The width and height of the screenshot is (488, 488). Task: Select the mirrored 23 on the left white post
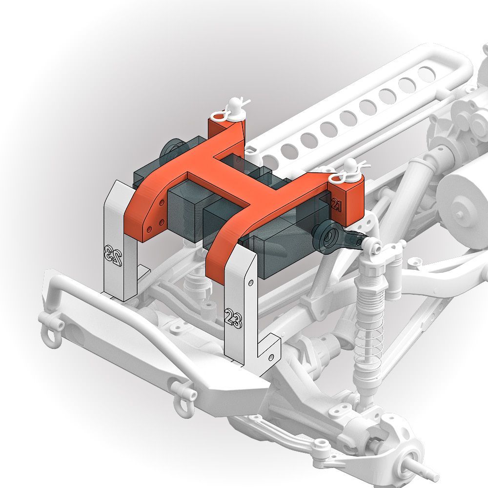coord(113,255)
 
